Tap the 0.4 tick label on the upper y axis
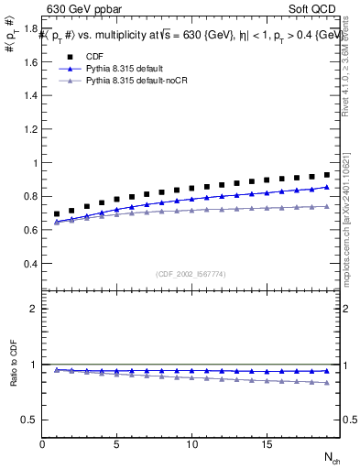[31, 264]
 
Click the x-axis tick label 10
[192, 444]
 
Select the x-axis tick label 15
[267, 444]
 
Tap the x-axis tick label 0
[42, 444]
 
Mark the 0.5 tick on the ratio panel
[31, 420]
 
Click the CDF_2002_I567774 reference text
[191, 275]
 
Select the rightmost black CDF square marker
[327, 175]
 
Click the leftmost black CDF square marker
[57, 213]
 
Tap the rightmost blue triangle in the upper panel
[327, 187]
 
